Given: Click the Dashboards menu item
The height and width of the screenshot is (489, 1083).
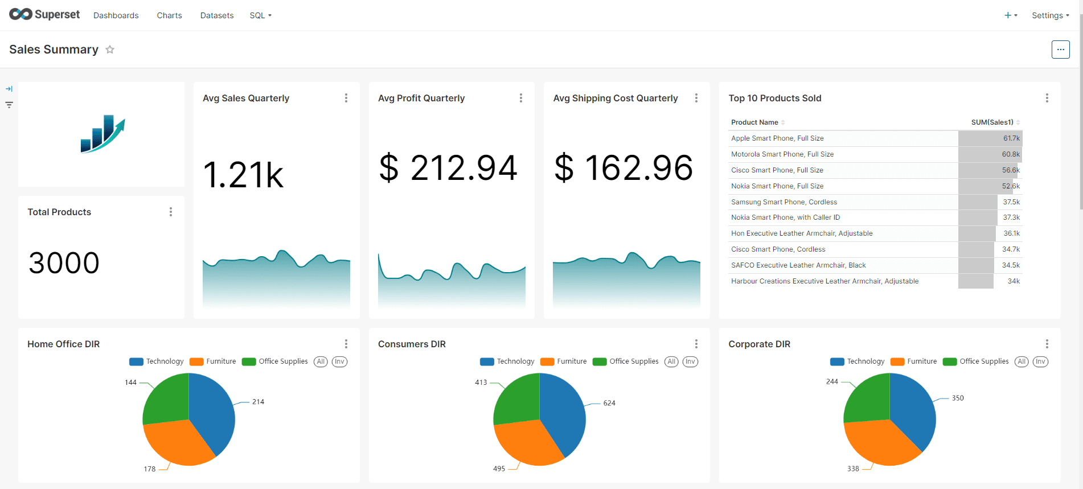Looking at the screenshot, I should click(116, 15).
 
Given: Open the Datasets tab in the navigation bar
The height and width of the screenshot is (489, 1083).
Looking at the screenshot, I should click(216, 15).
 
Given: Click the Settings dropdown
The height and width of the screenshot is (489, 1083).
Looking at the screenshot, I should click(1050, 15).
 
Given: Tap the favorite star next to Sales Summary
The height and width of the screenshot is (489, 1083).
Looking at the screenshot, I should click(110, 50).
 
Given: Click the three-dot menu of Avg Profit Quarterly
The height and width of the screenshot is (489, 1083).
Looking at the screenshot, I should click(520, 98).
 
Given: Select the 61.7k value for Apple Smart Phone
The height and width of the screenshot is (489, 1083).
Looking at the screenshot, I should click(1011, 138).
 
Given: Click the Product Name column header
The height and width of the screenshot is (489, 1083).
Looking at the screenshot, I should click(754, 122).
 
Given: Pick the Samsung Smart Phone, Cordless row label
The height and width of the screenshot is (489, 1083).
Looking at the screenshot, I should click(784, 202).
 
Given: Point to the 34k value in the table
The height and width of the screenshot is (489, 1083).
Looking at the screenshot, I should click(1014, 281).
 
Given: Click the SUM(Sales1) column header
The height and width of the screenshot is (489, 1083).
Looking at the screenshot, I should click(992, 122).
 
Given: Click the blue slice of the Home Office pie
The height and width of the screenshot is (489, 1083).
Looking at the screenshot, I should click(214, 413).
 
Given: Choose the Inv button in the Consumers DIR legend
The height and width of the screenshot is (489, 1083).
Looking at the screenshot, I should click(690, 361).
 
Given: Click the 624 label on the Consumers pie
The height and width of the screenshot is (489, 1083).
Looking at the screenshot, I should click(609, 403).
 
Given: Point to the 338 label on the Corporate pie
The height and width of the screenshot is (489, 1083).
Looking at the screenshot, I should click(853, 469).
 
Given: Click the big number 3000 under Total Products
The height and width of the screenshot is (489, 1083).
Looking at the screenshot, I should click(64, 263).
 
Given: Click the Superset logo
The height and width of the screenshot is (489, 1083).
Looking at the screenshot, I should click(44, 14).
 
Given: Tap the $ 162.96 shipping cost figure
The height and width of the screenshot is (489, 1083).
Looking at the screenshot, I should click(623, 168).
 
